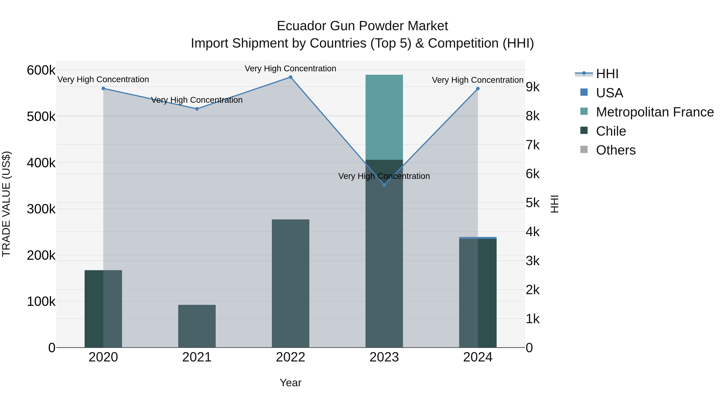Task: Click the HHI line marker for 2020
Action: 103,88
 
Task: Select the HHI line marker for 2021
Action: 197,109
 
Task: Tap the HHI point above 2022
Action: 290,77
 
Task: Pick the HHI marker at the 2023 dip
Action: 384,185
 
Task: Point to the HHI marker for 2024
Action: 478,89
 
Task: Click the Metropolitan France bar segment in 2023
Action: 384,117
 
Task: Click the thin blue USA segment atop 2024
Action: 478,238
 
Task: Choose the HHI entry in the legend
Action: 607,74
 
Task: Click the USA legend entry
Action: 609,93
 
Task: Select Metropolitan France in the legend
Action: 655,112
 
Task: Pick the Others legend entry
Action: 615,150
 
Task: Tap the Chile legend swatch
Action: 584,131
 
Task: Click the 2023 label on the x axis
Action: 384,357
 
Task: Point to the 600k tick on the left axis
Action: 41,70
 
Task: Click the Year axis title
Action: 290,383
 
